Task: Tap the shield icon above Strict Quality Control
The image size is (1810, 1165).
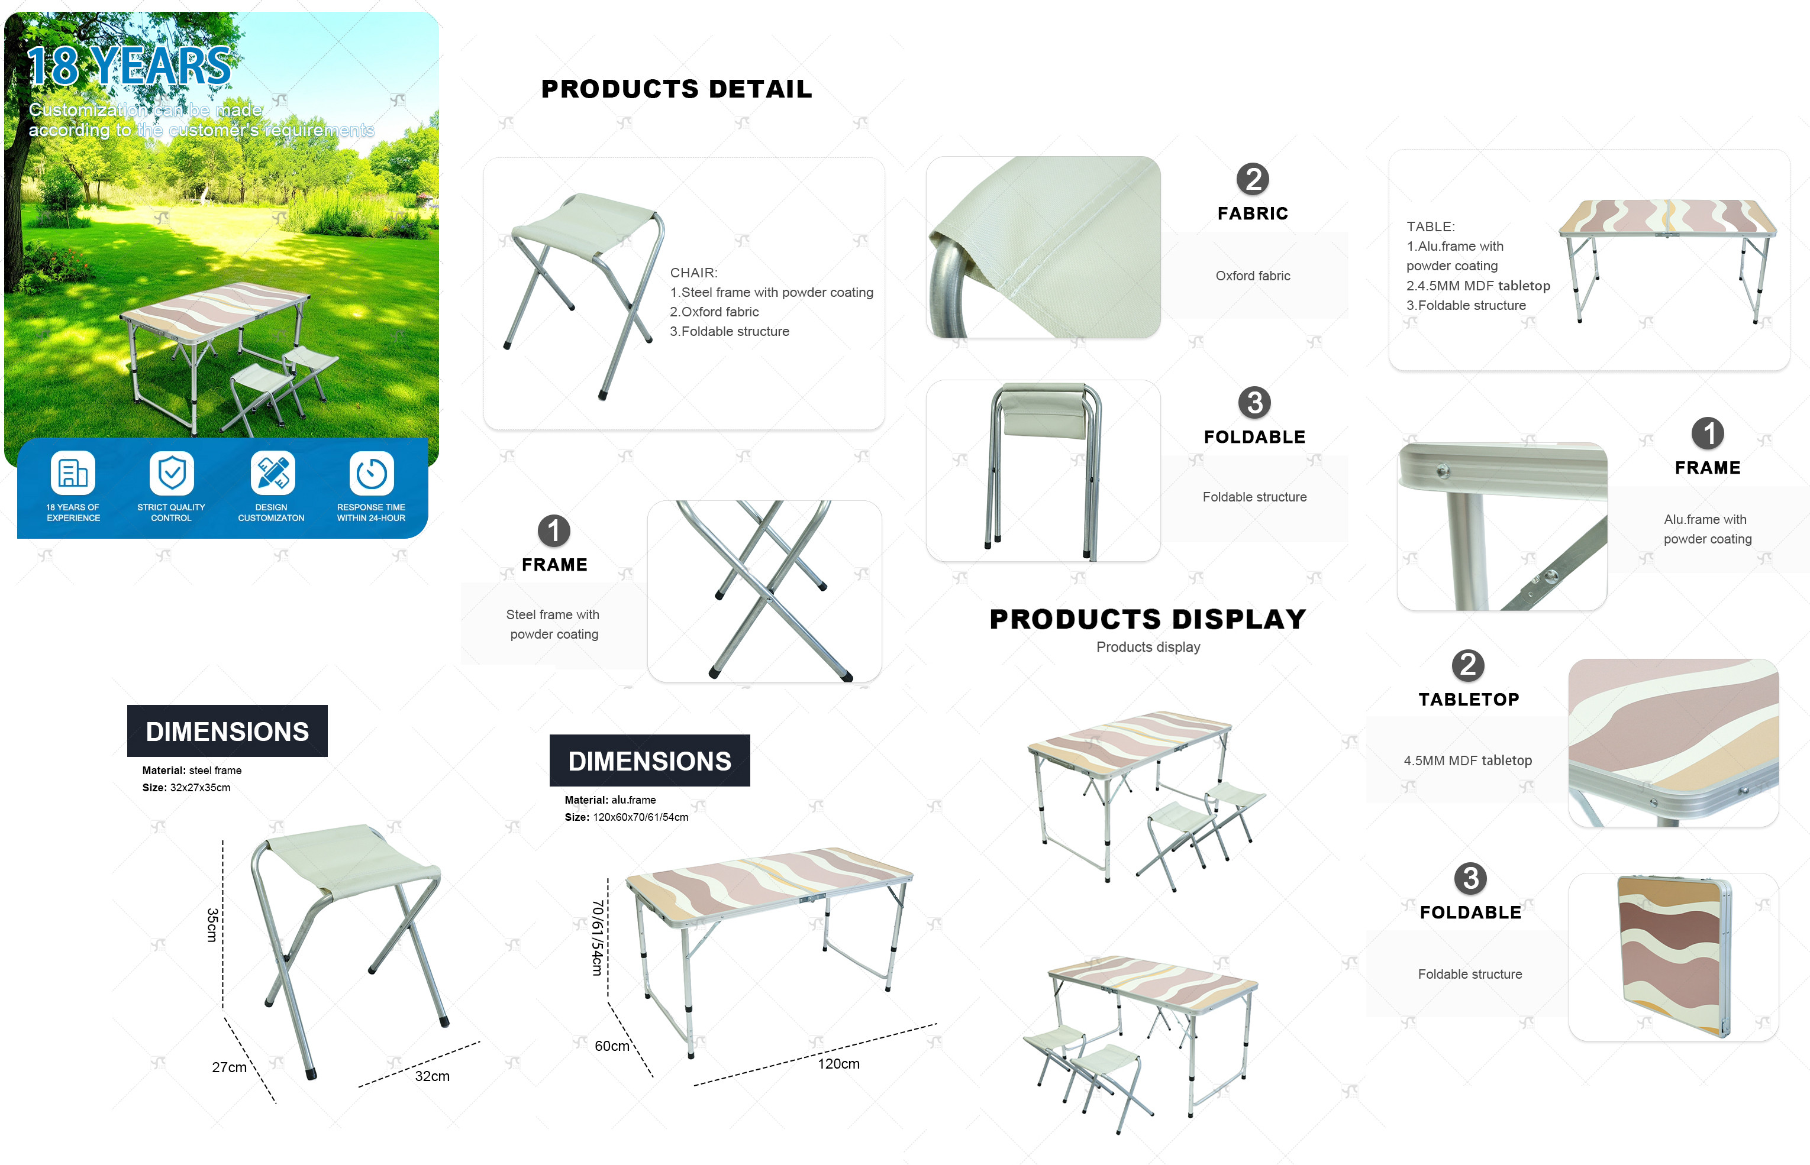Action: tap(172, 473)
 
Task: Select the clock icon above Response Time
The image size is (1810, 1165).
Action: tap(372, 473)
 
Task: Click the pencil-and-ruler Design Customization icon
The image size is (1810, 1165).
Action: tap(272, 473)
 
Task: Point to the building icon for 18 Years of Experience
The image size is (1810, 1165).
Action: tap(73, 473)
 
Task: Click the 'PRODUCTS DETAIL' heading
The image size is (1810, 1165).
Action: tap(676, 89)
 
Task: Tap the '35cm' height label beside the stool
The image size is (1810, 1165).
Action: tap(212, 925)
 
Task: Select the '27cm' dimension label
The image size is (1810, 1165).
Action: tap(229, 1067)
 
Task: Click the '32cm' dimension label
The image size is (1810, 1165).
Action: tap(432, 1076)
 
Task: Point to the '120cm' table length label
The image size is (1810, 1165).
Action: tap(838, 1064)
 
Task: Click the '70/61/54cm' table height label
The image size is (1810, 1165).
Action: tap(597, 937)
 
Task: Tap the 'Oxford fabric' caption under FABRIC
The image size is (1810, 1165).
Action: tap(1253, 276)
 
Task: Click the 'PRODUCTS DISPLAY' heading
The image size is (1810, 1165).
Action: tap(1148, 620)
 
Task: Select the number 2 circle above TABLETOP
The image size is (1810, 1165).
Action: tap(1468, 665)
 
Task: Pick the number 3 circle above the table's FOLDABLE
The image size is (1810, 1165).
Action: tap(1470, 878)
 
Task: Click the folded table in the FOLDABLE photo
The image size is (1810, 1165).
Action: tap(1675, 957)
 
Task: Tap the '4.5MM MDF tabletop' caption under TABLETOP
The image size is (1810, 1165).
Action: tap(1468, 761)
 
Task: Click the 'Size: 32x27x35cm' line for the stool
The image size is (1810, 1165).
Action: tap(186, 788)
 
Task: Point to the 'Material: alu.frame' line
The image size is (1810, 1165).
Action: tap(610, 800)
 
